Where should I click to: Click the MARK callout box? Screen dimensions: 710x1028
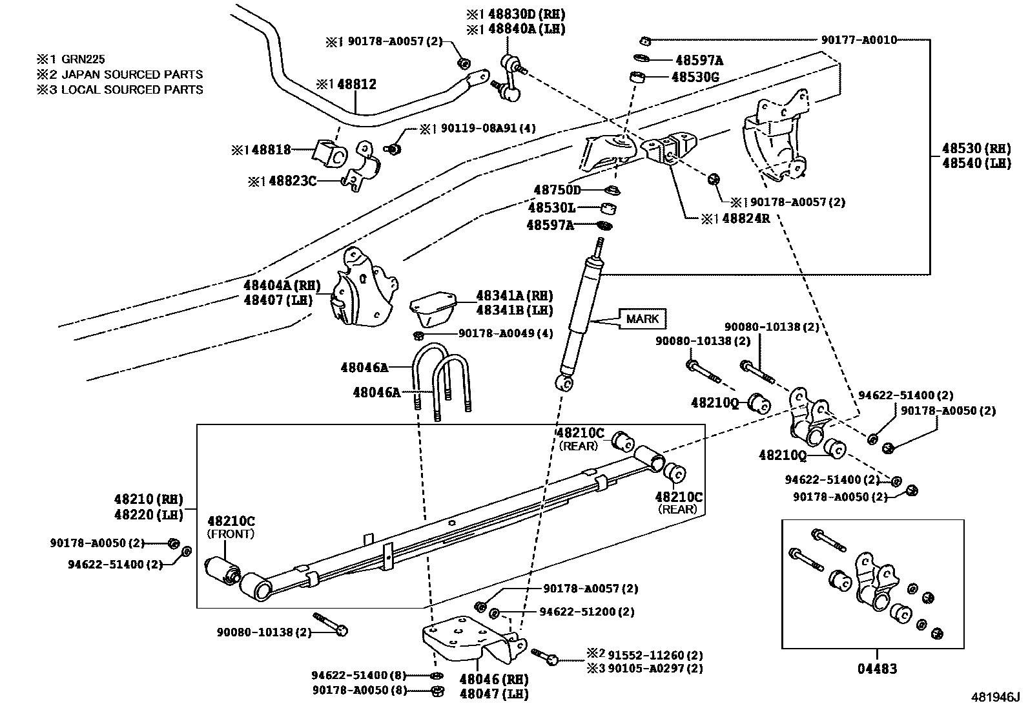642,318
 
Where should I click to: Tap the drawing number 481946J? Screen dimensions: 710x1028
995,697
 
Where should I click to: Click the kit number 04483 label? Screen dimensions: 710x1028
877,669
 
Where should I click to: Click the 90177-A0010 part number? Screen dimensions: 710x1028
859,40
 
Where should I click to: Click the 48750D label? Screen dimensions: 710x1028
557,190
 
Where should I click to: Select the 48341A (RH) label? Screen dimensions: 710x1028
514,295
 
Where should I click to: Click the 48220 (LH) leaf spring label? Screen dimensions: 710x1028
149,514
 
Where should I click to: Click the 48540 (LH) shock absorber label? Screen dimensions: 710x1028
976,163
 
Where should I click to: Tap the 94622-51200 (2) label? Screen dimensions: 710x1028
586,612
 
